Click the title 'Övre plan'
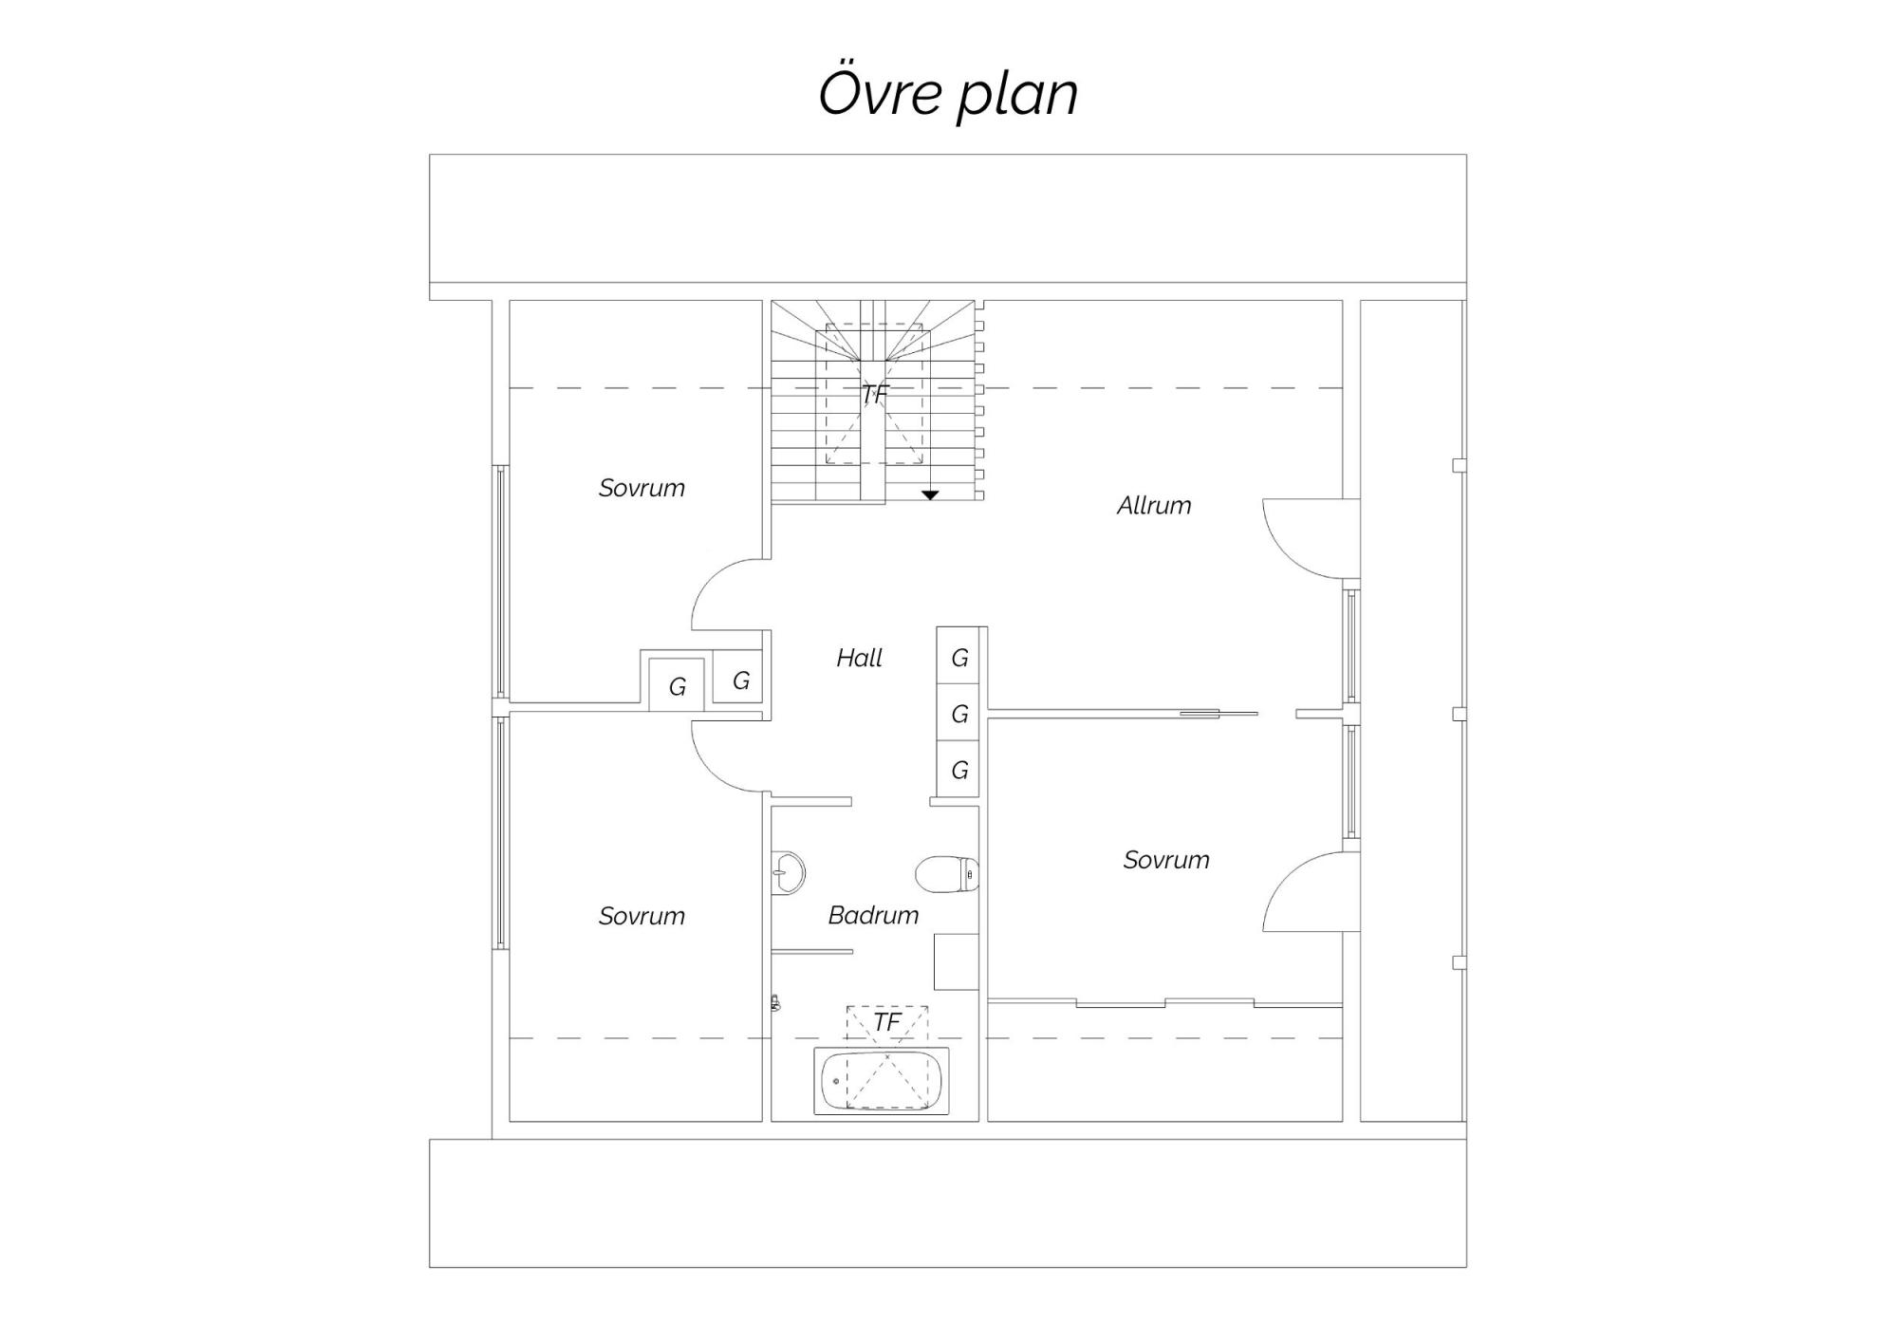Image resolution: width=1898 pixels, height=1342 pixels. point(948,93)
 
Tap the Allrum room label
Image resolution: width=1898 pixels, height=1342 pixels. point(1154,505)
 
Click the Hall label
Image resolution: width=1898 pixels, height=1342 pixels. point(860,658)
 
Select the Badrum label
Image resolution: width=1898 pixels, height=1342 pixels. point(873,915)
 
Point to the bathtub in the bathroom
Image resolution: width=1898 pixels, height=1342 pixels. point(882,1081)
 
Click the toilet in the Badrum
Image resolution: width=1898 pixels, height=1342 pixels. point(947,873)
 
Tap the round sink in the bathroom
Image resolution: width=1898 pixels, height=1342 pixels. point(788,871)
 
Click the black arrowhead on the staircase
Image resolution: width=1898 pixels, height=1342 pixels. point(930,495)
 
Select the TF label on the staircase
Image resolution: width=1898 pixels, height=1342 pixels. point(874,393)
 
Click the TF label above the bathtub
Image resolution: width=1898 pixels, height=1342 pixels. point(886,1022)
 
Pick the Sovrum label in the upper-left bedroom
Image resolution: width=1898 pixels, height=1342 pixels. point(642,488)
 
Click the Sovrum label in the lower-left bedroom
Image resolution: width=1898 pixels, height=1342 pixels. point(642,916)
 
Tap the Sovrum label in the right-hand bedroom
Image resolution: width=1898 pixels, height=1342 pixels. point(1166,860)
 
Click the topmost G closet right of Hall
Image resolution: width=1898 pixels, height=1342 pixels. point(959,658)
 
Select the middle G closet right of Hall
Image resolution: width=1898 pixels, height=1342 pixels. point(959,714)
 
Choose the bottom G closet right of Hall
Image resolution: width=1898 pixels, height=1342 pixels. point(959,770)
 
